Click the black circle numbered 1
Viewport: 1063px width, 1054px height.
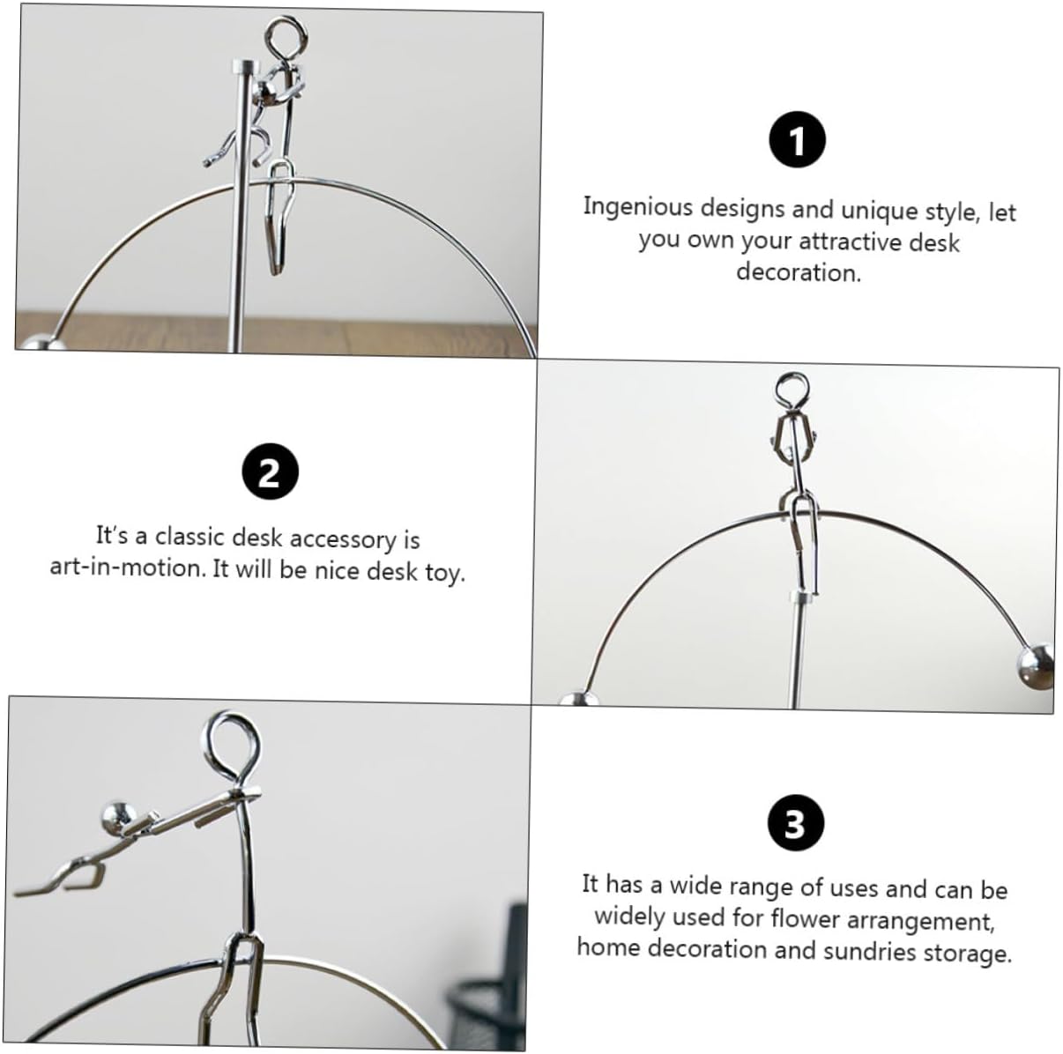797,139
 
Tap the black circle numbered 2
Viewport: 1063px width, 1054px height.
271,472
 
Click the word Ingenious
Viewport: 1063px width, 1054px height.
637,207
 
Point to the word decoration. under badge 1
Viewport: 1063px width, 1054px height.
799,272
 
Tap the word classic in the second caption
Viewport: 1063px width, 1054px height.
190,537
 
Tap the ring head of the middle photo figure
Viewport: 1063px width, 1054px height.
792,389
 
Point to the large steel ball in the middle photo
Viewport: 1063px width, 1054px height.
1035,666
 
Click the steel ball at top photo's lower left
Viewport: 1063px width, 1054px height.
41,343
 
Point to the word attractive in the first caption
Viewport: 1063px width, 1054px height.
851,241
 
